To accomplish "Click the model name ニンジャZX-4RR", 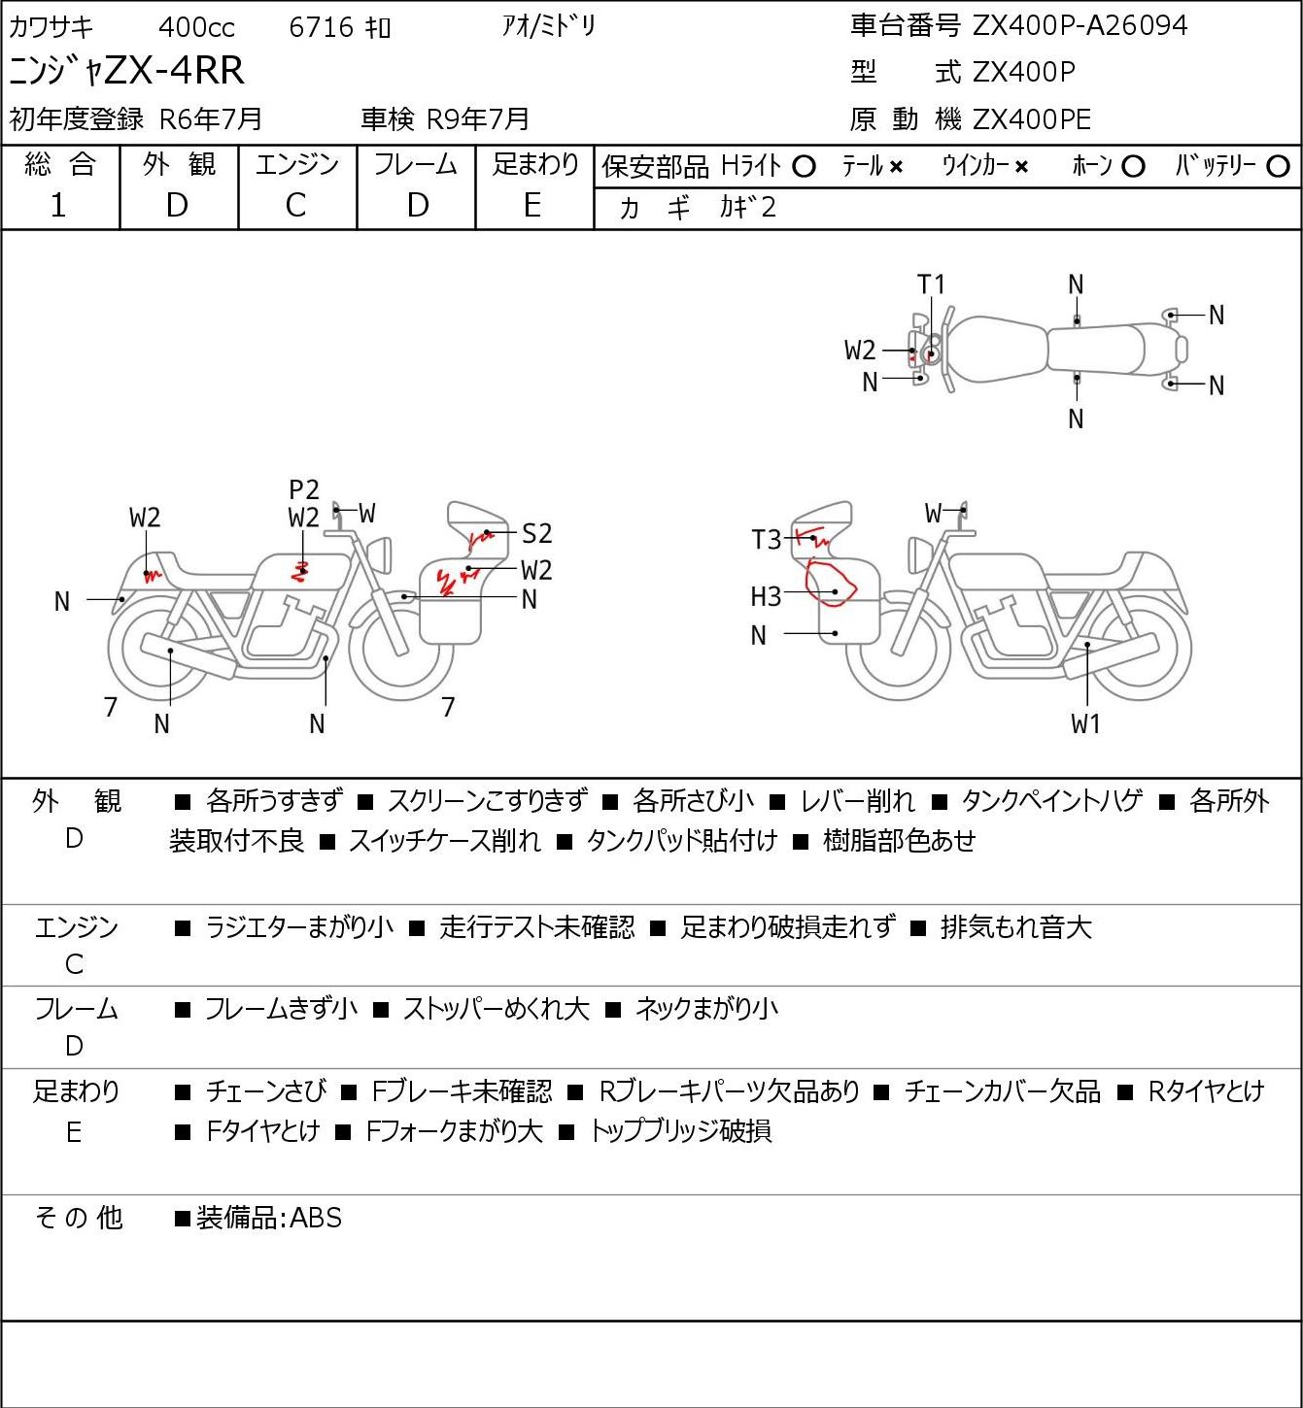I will [126, 71].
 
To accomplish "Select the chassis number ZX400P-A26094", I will [1080, 25].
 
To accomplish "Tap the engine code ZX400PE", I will [1031, 119].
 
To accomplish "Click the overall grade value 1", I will [58, 205].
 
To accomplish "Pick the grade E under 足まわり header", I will [532, 205].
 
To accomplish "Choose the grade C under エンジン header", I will [296, 205].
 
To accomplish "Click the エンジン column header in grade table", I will [296, 164].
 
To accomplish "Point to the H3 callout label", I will [766, 596].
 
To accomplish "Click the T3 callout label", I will [766, 539].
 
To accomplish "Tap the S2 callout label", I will [536, 533].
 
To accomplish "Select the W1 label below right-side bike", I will [1085, 723].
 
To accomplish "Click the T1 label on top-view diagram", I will [931, 285].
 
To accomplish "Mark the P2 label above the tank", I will [304, 490].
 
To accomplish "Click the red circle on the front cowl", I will [831, 584].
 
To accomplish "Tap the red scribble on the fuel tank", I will [300, 571].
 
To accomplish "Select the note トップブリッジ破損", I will [681, 1131].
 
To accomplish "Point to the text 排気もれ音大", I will [1015, 927].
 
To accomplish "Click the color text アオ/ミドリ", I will [548, 26].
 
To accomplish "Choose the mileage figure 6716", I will [321, 27].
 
